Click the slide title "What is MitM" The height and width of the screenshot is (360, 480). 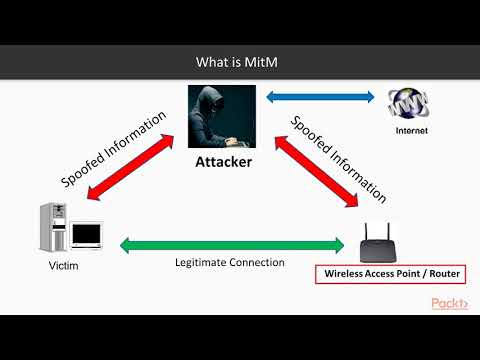click(x=239, y=62)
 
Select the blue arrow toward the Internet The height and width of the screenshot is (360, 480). click(x=320, y=98)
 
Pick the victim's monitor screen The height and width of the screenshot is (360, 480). click(x=86, y=235)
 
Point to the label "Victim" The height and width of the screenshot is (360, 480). click(x=64, y=267)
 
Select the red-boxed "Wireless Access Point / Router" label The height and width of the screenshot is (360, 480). click(x=383, y=273)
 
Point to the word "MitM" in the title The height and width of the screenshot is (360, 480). click(x=264, y=62)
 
